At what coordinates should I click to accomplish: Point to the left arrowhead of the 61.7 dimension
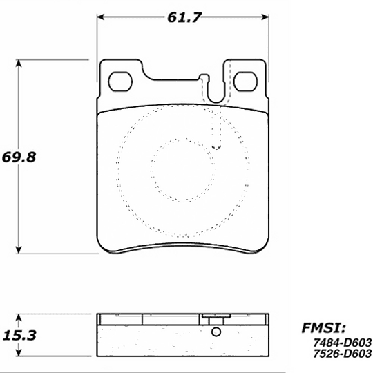(x=101, y=15)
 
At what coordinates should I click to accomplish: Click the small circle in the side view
(x=216, y=332)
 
